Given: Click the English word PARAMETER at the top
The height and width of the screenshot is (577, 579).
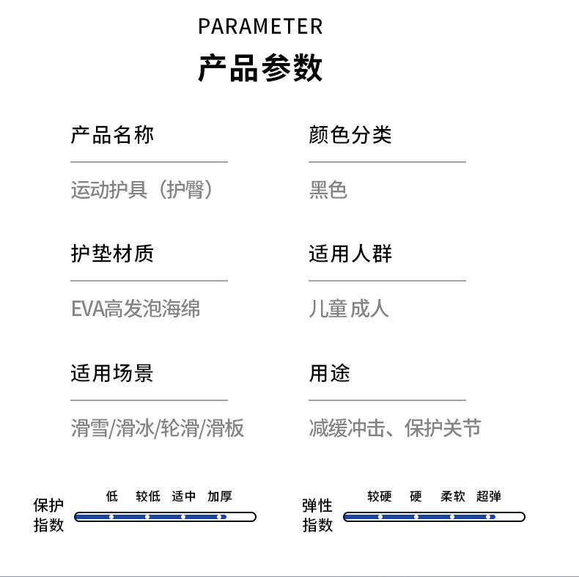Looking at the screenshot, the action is pyautogui.click(x=260, y=27).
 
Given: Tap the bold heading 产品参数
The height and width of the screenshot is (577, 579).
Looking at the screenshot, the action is pyautogui.click(x=260, y=68).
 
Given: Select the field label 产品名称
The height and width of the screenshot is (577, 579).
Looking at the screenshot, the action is pyautogui.click(x=112, y=135).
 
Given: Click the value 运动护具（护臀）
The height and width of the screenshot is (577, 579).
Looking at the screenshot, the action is pyautogui.click(x=143, y=190).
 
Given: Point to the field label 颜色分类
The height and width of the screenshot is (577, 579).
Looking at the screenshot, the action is pyautogui.click(x=350, y=135).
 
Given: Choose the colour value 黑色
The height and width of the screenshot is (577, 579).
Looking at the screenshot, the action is pyautogui.click(x=328, y=190).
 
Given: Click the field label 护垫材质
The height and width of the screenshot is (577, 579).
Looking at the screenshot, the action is pyautogui.click(x=112, y=254).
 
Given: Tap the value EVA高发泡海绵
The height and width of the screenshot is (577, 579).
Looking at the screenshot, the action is pyautogui.click(x=136, y=309).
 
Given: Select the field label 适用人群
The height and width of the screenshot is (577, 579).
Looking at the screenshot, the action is pyautogui.click(x=350, y=254).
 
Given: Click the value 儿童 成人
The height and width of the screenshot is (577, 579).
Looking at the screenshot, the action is pyautogui.click(x=349, y=309).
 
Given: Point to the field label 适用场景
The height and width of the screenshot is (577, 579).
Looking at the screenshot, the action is pyautogui.click(x=112, y=373).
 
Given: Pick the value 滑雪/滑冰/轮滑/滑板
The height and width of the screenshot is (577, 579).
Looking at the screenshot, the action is pyautogui.click(x=158, y=428).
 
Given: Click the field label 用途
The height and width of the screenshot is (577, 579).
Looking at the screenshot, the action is pyautogui.click(x=330, y=373).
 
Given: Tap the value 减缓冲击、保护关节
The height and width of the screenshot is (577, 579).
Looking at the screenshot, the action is pyautogui.click(x=395, y=428).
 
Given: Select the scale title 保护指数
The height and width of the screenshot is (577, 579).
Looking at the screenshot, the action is pyautogui.click(x=48, y=515).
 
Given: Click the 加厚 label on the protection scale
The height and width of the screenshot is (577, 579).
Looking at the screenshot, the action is pyautogui.click(x=220, y=496).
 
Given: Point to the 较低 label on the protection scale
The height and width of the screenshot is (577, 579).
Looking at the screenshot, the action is pyautogui.click(x=148, y=496).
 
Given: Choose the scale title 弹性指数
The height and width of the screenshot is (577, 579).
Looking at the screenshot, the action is pyautogui.click(x=317, y=515).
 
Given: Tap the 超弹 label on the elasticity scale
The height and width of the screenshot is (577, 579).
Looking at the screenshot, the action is pyautogui.click(x=489, y=496).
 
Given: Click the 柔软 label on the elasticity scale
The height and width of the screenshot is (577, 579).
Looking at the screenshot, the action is pyautogui.click(x=453, y=496).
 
